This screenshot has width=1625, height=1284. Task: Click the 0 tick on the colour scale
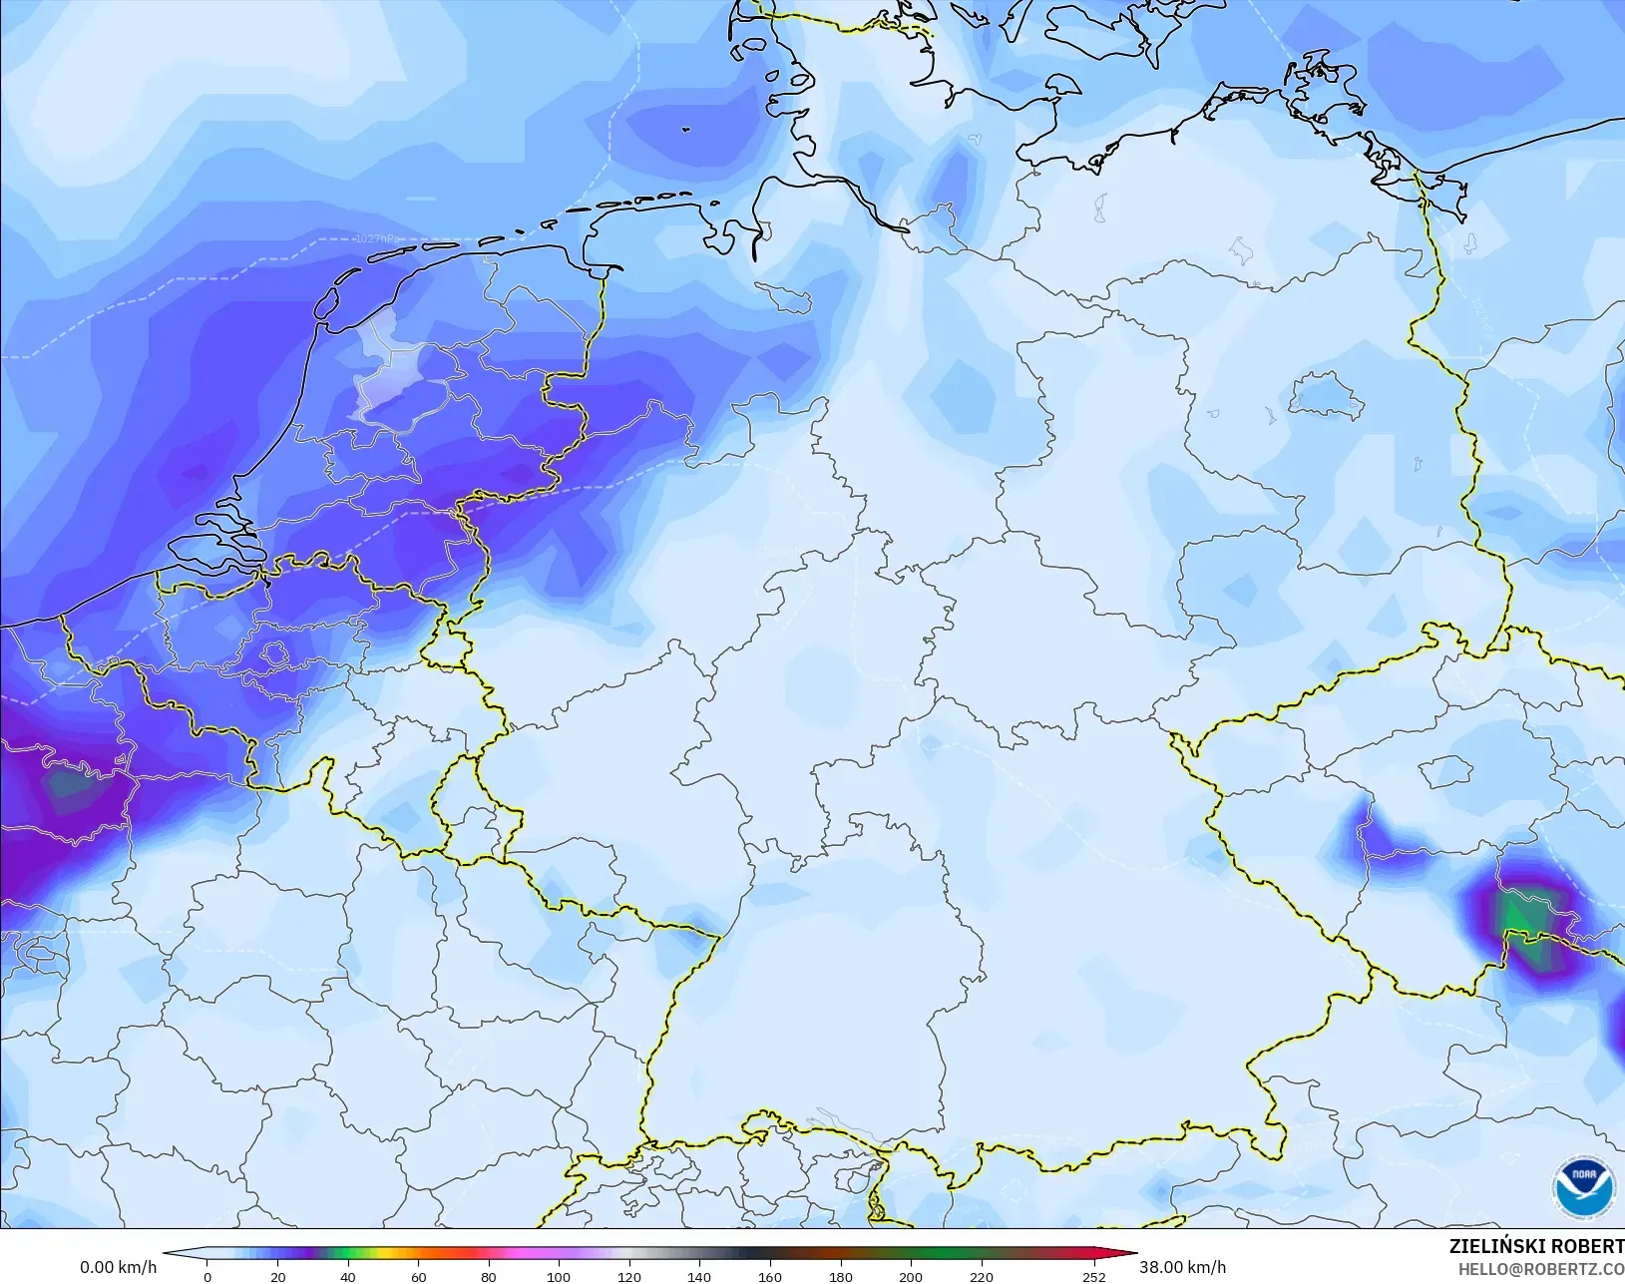click(x=207, y=1276)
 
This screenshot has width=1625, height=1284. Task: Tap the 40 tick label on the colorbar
click(x=348, y=1276)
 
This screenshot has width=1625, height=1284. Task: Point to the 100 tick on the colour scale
click(x=559, y=1276)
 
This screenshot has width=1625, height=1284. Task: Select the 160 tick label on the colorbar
click(x=770, y=1276)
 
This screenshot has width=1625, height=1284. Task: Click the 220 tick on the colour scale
click(x=981, y=1276)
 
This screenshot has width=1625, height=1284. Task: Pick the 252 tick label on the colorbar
click(x=1094, y=1276)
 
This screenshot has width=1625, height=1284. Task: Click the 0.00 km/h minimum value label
click(x=118, y=1267)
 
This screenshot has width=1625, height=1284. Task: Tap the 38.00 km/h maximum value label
click(x=1182, y=1267)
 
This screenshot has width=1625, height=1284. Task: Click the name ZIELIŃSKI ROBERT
click(x=1536, y=1246)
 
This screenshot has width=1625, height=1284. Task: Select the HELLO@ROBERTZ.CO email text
click(x=1541, y=1269)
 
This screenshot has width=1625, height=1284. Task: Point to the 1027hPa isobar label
click(x=375, y=239)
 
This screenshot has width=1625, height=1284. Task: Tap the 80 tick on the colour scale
click(x=489, y=1276)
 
